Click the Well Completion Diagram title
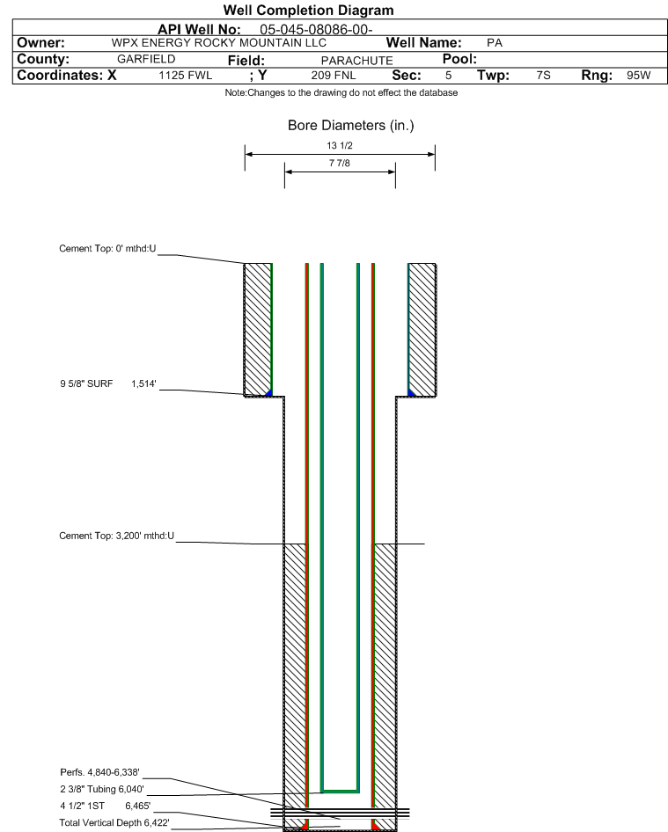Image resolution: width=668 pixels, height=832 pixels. pos(309,10)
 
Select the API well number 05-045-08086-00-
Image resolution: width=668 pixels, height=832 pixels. pos(316,30)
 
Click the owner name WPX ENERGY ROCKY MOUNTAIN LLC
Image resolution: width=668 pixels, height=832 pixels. pos(219,43)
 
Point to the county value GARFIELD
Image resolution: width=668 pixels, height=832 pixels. pos(146,59)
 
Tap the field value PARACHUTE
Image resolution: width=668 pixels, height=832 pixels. pos(356,61)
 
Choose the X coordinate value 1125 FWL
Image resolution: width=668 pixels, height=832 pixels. pos(186,76)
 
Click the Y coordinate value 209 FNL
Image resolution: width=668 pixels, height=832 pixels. pos(334,76)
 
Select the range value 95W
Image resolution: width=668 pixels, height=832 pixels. pos(638,76)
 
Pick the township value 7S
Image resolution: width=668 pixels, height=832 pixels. pos(543,76)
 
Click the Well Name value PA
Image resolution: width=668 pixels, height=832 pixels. pos(495,43)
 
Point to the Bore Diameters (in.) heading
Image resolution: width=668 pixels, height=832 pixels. pos(351,125)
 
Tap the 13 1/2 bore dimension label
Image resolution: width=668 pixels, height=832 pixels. pos(340,145)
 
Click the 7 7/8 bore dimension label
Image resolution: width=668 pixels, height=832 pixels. pos(340,163)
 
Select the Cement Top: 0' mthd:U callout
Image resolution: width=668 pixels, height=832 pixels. pos(107,248)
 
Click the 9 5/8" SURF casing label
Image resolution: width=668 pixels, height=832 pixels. pos(86,383)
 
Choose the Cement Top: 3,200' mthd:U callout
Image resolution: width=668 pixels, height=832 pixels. pos(117,536)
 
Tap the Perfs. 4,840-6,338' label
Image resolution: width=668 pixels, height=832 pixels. pos(99,772)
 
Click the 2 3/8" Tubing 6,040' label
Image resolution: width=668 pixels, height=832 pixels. pos(102,789)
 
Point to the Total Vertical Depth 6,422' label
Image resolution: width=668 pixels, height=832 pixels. pos(114,822)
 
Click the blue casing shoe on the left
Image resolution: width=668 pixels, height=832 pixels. pos(269,393)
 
